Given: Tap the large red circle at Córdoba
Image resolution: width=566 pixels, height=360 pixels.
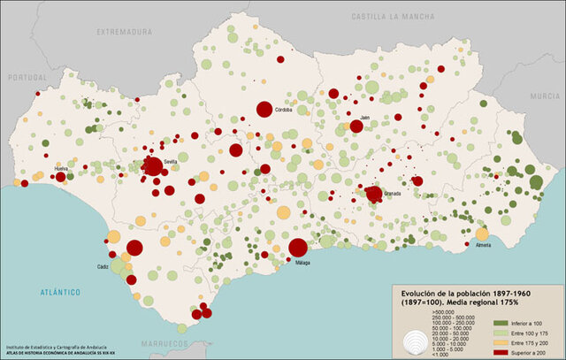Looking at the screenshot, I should (264, 109).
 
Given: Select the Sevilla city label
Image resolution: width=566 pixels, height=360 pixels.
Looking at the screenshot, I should (171, 161).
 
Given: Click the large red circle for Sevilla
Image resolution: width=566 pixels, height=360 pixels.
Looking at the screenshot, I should (153, 165).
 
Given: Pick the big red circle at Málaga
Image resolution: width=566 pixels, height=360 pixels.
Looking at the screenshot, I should (298, 248).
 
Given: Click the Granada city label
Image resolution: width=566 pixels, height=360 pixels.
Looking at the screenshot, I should (392, 193).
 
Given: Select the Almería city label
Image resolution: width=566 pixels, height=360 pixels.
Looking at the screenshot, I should (483, 245).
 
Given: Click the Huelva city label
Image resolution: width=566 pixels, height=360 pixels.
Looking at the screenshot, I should (61, 167).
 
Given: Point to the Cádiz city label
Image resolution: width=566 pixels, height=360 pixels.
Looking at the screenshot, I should (104, 265).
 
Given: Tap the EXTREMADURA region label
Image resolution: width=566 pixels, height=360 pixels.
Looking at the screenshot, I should (125, 31).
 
